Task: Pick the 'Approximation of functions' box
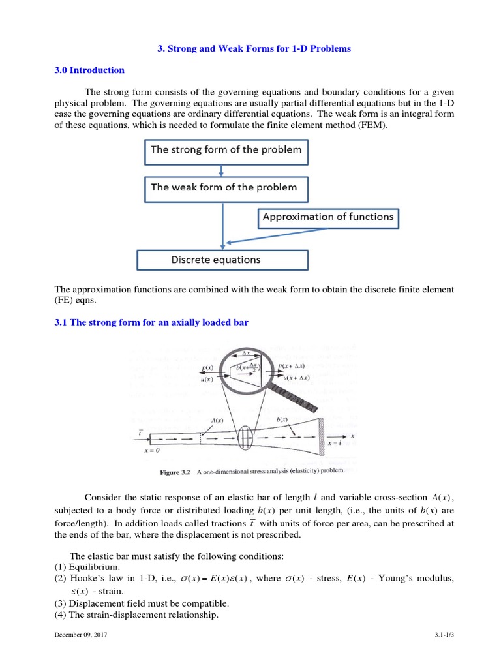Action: click(x=327, y=217)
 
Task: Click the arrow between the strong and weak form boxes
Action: click(x=222, y=170)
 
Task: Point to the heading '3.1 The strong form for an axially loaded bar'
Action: click(x=151, y=322)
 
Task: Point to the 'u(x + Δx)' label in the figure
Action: click(x=296, y=378)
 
